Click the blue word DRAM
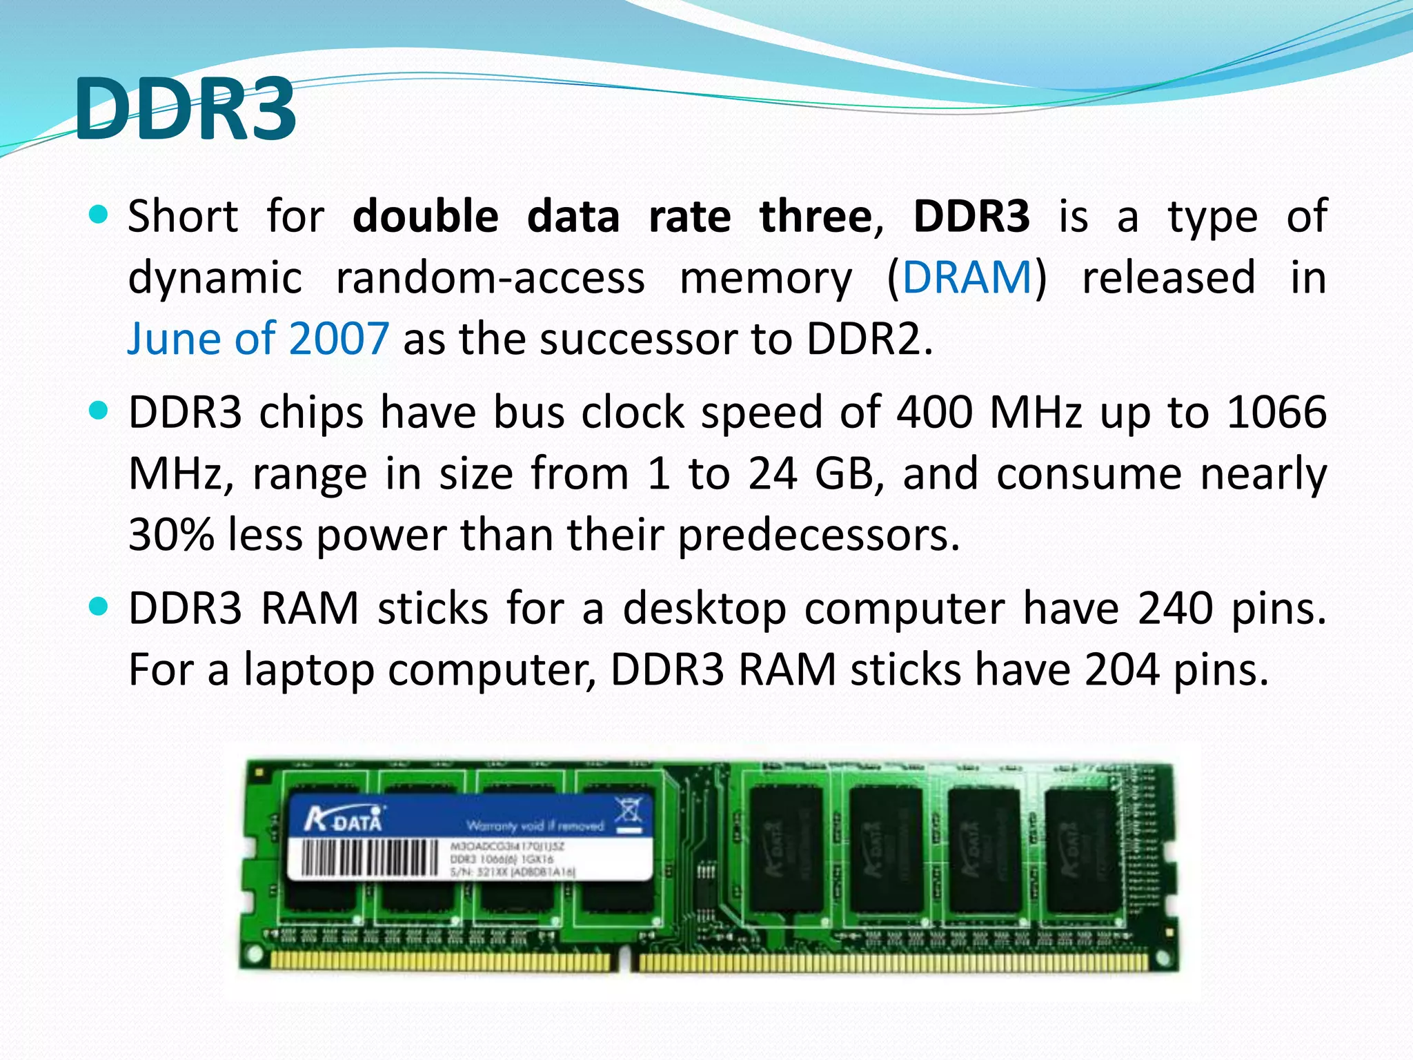967,277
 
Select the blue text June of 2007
258,339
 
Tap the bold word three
816,217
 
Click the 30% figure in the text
171,535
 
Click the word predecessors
819,535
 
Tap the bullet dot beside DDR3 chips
99,411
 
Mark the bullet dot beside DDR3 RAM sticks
99,607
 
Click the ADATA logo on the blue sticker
343,821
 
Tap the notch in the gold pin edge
624,960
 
